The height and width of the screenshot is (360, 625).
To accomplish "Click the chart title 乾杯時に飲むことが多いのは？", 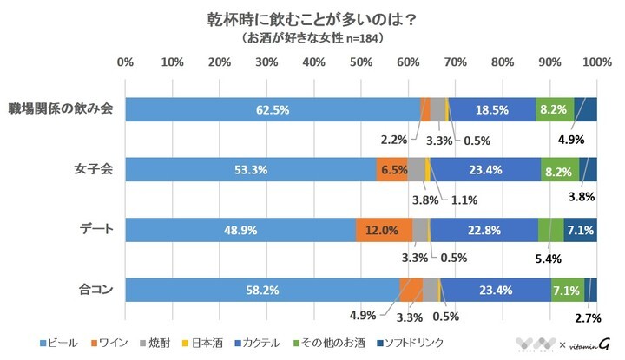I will pyautogui.click(x=312, y=20).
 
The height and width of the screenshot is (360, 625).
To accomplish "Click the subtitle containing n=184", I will pyautogui.click(x=312, y=39).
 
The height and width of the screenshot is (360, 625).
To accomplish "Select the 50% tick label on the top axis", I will pyautogui.click(x=361, y=63).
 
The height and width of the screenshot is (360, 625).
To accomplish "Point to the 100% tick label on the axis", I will pyautogui.click(x=595, y=63).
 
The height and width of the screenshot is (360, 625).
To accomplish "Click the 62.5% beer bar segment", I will pyautogui.click(x=272, y=110).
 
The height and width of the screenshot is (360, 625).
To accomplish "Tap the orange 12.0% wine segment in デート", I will pyautogui.click(x=384, y=230).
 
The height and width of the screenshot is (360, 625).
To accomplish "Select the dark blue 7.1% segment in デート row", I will pyautogui.click(x=580, y=230).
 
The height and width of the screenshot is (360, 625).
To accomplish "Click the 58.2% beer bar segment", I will pyautogui.click(x=261, y=290).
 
